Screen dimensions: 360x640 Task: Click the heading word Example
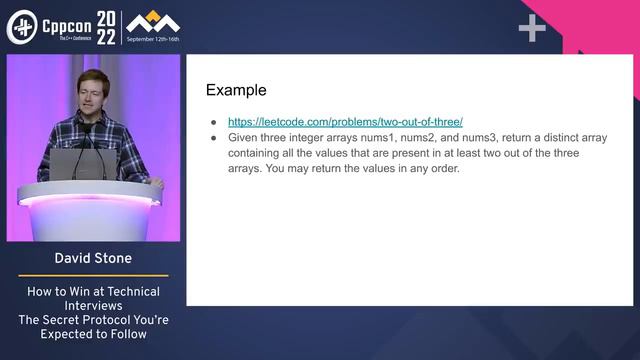[236, 90]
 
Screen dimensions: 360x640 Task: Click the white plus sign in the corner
[532, 29]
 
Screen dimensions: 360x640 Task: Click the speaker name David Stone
[91, 260]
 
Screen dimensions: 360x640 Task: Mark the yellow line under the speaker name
[92, 276]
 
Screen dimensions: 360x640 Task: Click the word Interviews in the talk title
[91, 306]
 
